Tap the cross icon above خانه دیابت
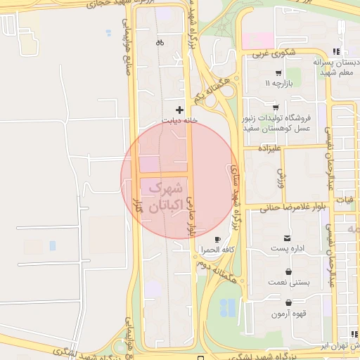[x=180, y=110]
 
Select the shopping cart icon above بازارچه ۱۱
[x=278, y=72]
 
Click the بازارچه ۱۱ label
[x=278, y=83]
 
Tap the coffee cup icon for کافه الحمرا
[x=217, y=239]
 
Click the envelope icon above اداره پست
[x=287, y=239]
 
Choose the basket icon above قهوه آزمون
[x=288, y=303]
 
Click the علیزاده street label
[x=269, y=149]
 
